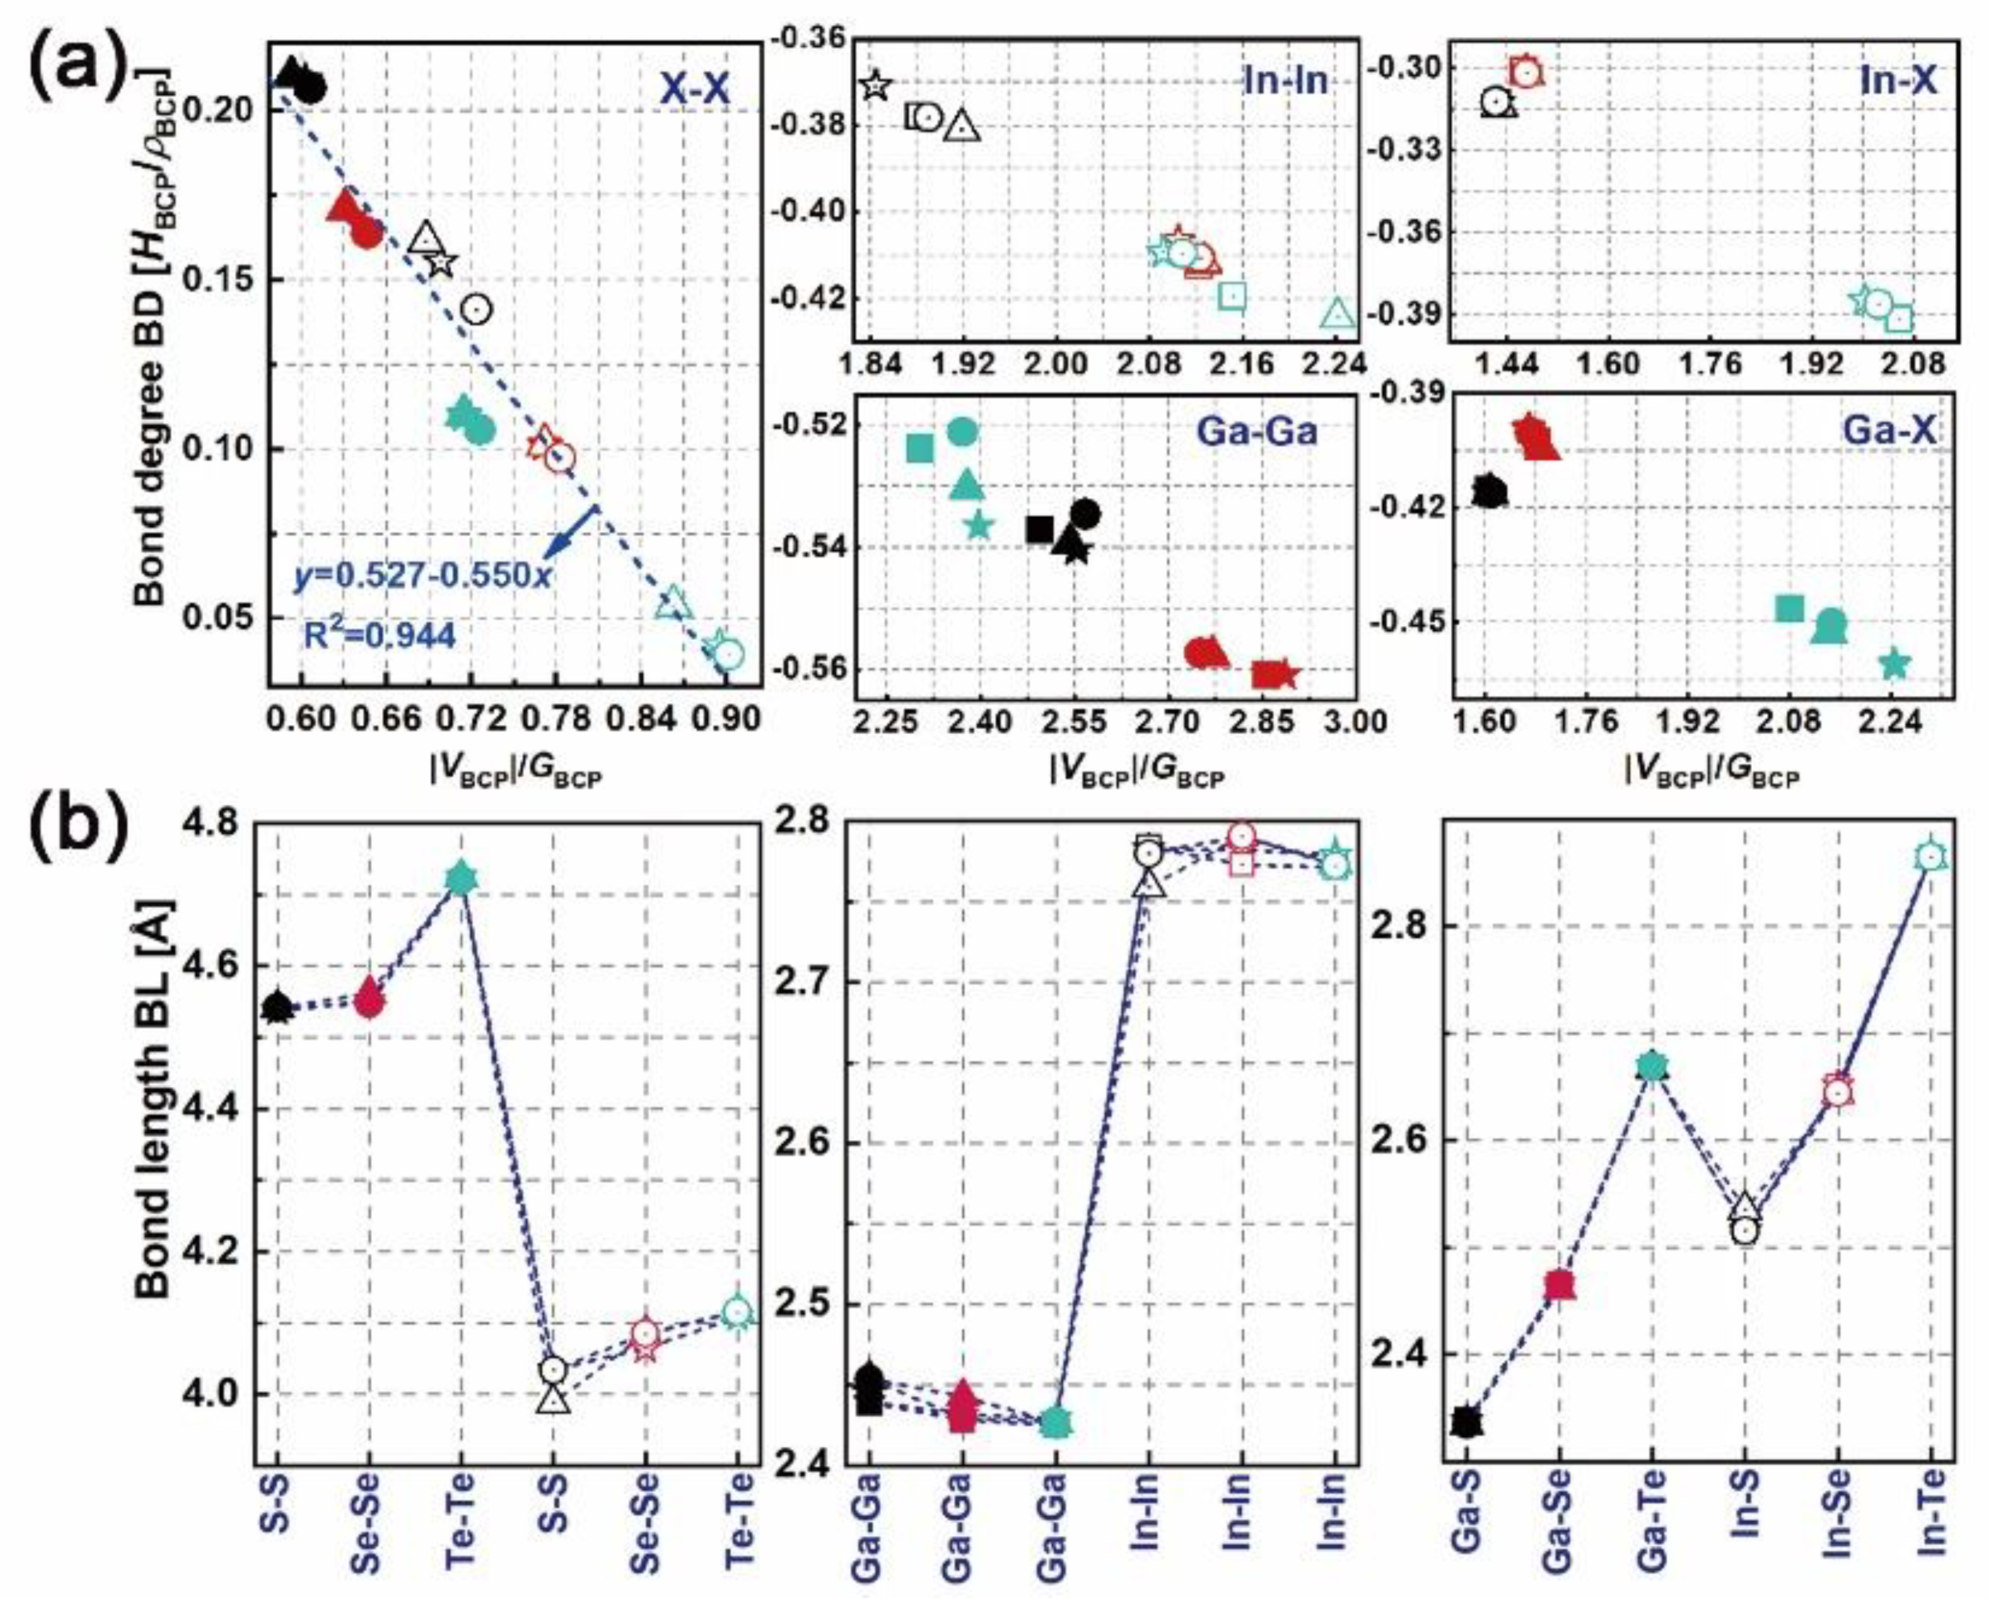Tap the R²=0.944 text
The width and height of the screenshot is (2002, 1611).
[380, 635]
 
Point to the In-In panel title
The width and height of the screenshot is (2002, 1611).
[1285, 82]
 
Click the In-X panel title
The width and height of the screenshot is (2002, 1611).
[1898, 82]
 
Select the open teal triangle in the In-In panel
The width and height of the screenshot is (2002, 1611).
[1337, 314]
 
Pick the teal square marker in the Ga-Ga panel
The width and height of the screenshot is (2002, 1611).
[920, 449]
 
